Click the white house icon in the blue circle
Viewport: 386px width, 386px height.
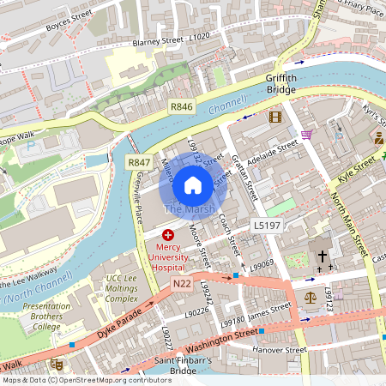point(193,184)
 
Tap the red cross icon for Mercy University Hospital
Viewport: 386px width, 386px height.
point(167,233)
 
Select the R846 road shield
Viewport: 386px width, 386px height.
point(182,106)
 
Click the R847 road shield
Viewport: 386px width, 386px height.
point(139,162)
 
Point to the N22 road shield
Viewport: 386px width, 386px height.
point(180,285)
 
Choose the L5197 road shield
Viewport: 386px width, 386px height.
point(264,225)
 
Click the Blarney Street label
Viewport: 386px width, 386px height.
point(159,40)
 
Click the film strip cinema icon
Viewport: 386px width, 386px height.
point(274,117)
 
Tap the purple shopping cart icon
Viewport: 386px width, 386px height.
point(306,135)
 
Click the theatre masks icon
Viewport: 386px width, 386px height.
point(57,365)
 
